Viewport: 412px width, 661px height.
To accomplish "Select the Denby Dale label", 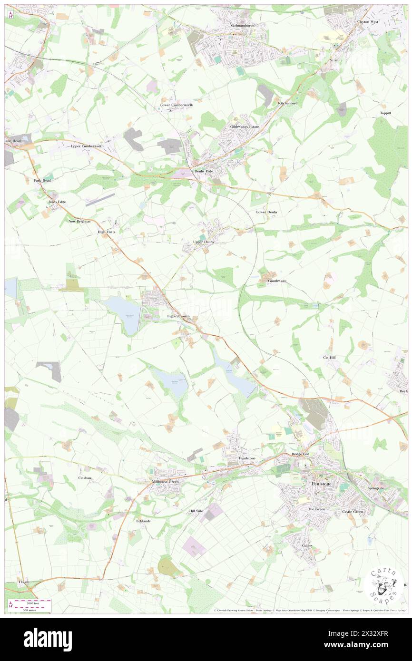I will click(203, 171).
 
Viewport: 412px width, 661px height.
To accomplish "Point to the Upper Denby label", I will click(204, 242).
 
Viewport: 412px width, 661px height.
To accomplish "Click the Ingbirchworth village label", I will click(178, 316).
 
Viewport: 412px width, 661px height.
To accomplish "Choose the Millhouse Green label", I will click(165, 481).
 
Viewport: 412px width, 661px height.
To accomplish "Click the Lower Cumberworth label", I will click(177, 105).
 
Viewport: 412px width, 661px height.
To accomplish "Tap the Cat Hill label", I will click(330, 357).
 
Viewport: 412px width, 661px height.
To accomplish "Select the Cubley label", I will click(307, 545).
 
